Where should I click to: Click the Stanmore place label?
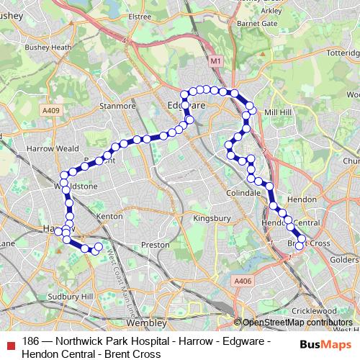118,106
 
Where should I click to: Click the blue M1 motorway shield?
216,62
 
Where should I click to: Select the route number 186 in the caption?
30,341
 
